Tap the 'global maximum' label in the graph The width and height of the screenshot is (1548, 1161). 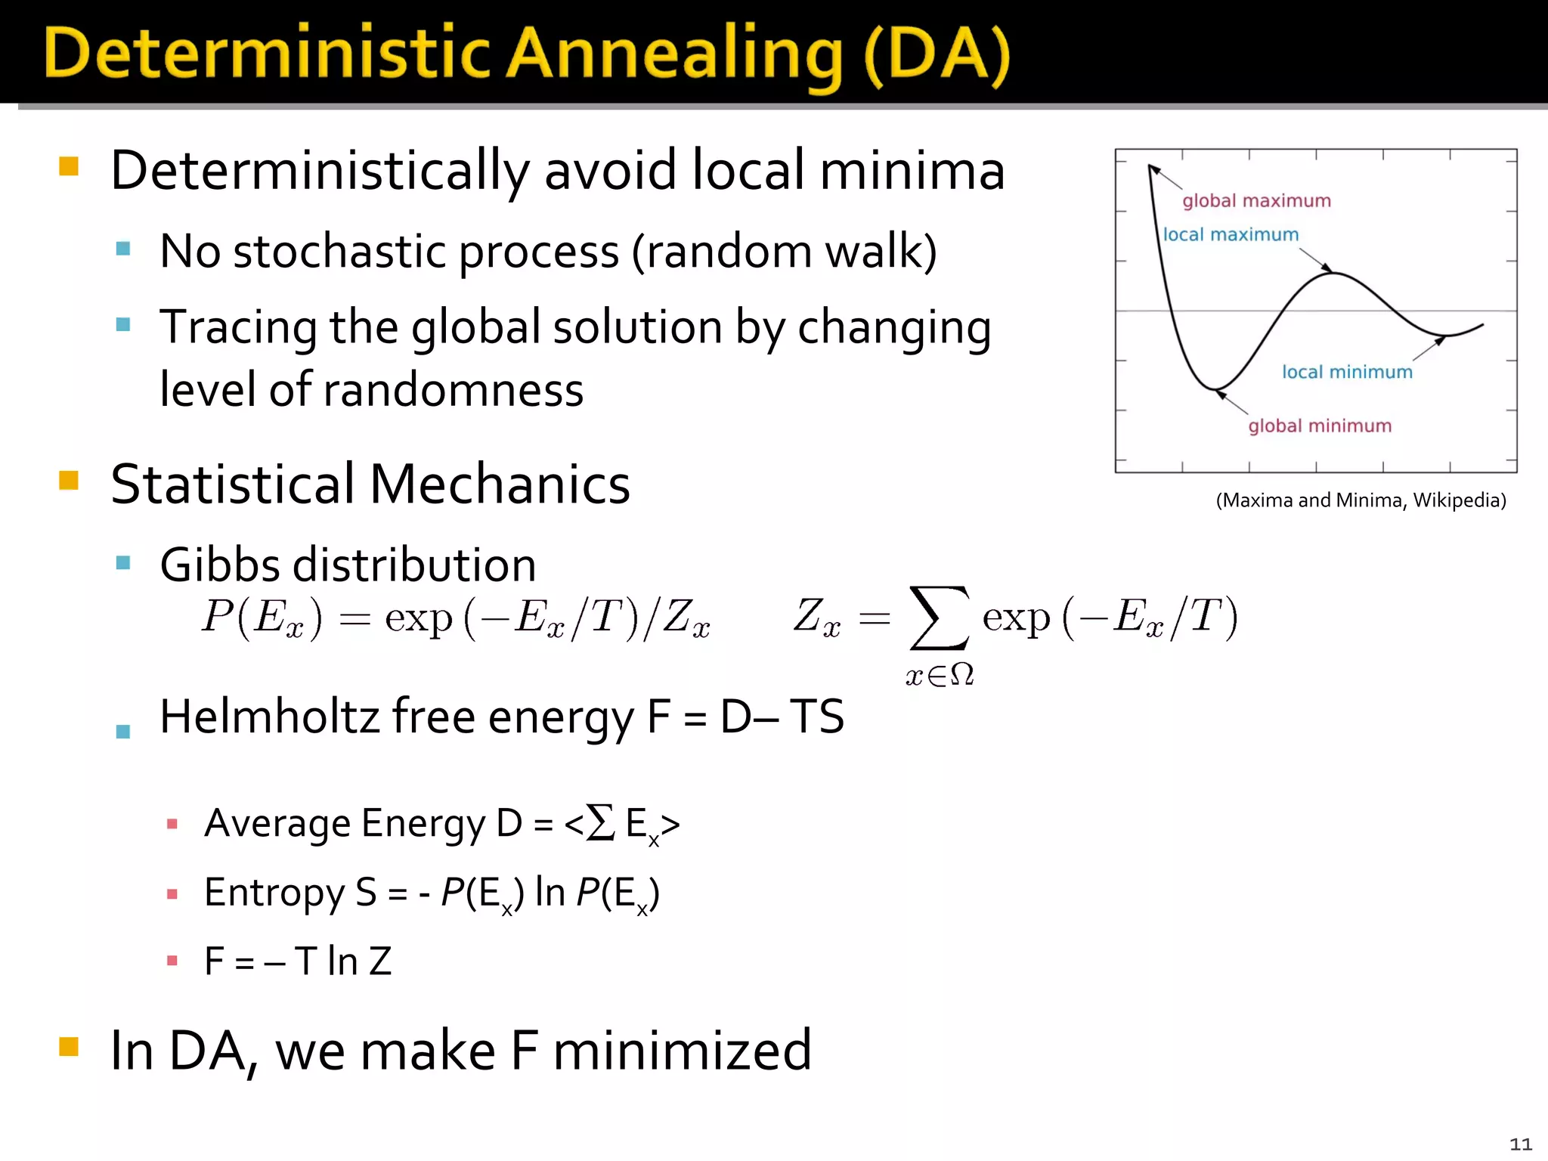[x=1256, y=201]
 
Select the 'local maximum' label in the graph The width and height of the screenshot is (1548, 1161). [x=1231, y=235]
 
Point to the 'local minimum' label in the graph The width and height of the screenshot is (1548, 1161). [x=1347, y=372]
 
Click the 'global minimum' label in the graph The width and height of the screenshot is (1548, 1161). [x=1320, y=426]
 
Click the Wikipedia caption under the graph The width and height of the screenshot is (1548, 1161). [x=1361, y=500]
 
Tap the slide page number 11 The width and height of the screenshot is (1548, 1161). [x=1520, y=1144]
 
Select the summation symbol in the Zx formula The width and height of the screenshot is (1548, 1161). [x=939, y=618]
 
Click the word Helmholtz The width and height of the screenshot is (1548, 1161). [x=269, y=717]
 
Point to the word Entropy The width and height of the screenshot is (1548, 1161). [x=274, y=893]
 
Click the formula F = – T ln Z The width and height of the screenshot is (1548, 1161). [x=298, y=961]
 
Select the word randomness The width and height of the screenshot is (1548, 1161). [x=453, y=390]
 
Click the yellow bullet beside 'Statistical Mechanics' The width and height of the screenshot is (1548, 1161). [x=69, y=481]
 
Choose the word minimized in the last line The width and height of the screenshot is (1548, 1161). [x=682, y=1051]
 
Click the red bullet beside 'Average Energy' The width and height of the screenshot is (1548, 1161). [x=172, y=824]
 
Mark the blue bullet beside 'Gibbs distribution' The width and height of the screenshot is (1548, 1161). [x=123, y=562]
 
